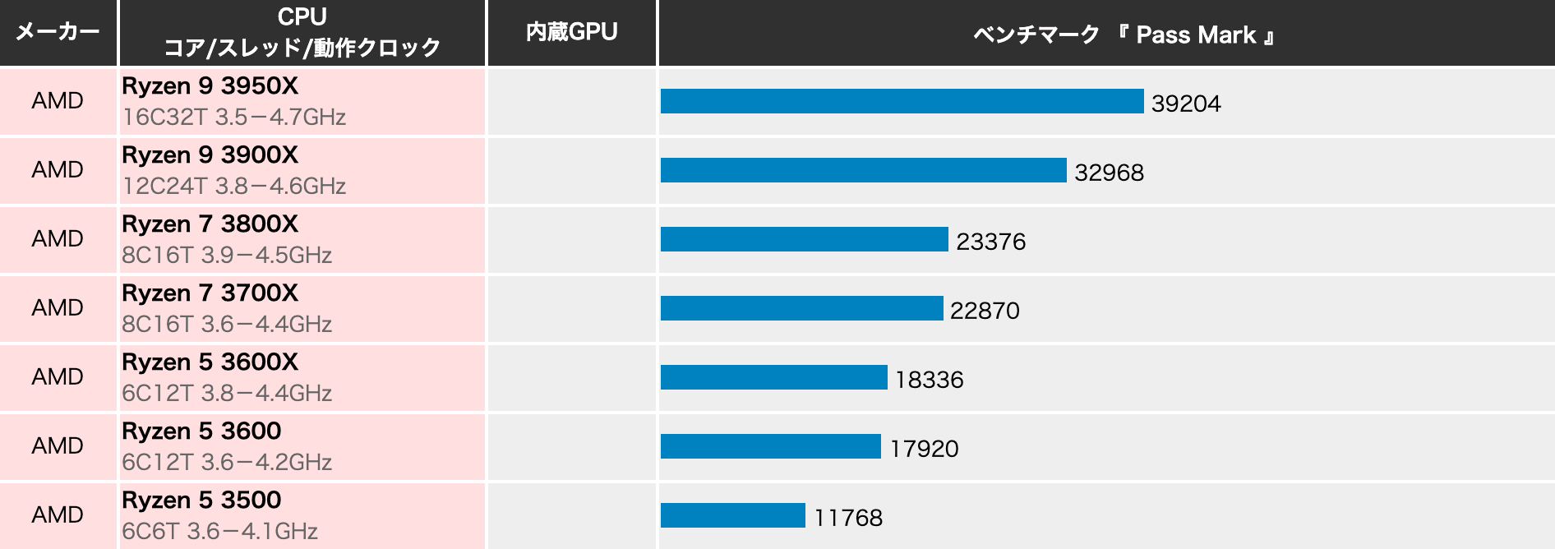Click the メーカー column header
pyautogui.click(x=58, y=32)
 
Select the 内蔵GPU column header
pyautogui.click(x=571, y=32)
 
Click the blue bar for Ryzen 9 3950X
pyautogui.click(x=902, y=101)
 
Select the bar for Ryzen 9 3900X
pyautogui.click(x=863, y=170)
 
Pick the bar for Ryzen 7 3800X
pyautogui.click(x=804, y=239)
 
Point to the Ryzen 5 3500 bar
pyautogui.click(x=732, y=515)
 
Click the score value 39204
pyautogui.click(x=1186, y=104)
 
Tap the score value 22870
pyautogui.click(x=985, y=311)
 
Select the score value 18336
pyautogui.click(x=929, y=380)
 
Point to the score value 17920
pyautogui.click(x=924, y=449)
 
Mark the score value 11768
pyautogui.click(x=848, y=518)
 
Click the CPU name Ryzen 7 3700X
pyautogui.click(x=210, y=293)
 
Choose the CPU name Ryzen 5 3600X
pyautogui.click(x=210, y=362)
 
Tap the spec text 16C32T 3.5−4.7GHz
pyautogui.click(x=233, y=118)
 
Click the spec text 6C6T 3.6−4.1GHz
pyautogui.click(x=219, y=532)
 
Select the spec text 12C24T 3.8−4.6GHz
pyautogui.click(x=233, y=187)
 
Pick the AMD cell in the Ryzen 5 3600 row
pyautogui.click(x=58, y=445)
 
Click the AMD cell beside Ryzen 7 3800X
pyautogui.click(x=58, y=238)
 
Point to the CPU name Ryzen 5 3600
pyautogui.click(x=201, y=431)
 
